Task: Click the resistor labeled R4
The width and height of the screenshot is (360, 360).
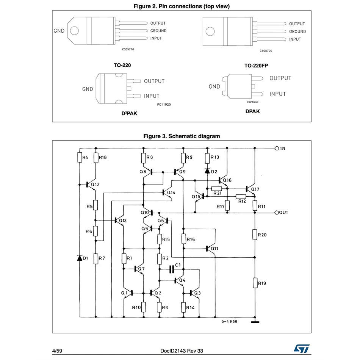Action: coord(80,157)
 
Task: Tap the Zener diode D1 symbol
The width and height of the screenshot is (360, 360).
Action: coord(80,258)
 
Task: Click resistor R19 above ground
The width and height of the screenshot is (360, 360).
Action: coord(255,283)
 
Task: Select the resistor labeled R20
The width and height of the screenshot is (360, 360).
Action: coord(255,235)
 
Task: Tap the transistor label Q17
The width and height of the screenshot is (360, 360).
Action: coord(255,189)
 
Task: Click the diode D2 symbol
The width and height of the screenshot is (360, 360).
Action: coord(207,171)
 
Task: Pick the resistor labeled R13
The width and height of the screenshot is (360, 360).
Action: coord(207,157)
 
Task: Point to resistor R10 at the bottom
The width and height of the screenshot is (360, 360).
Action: coord(144,307)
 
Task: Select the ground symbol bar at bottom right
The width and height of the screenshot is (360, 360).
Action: coord(255,322)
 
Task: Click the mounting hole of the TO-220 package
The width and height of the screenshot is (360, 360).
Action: coord(75,30)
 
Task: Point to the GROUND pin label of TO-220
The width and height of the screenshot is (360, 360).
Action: coord(158,31)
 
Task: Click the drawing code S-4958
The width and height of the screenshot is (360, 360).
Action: coord(230,321)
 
